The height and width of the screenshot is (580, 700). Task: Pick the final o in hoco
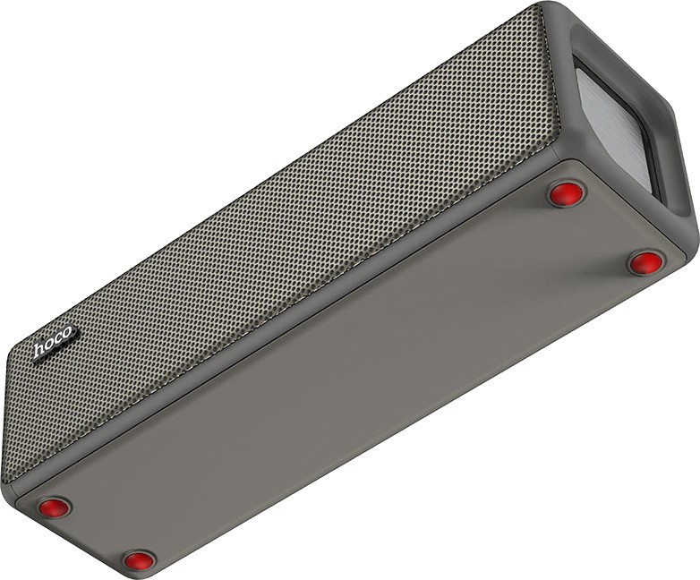tap(67, 332)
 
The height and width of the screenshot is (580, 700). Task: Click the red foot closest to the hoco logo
tap(54, 507)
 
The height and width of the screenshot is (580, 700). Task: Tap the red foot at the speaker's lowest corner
tap(140, 560)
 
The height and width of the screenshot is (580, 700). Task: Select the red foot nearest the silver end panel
tap(566, 193)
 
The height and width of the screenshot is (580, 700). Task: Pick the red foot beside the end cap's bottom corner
tap(645, 263)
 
